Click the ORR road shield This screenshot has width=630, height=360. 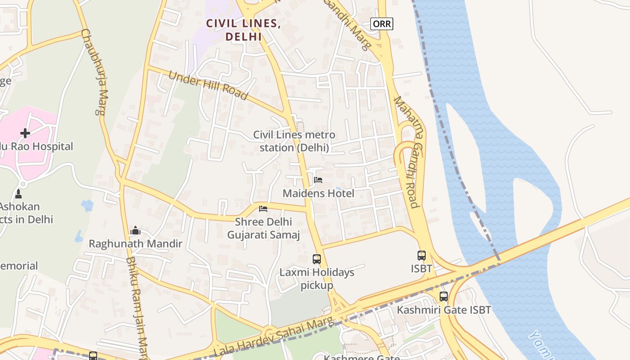(x=382, y=23)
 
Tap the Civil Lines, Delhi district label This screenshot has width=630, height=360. (x=243, y=30)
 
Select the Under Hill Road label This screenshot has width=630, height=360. (x=208, y=85)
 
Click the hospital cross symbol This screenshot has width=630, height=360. (x=25, y=133)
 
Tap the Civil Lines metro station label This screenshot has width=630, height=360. (x=294, y=141)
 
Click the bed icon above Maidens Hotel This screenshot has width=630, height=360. (x=318, y=180)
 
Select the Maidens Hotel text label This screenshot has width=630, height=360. (x=318, y=193)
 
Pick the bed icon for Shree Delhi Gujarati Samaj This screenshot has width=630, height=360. (x=263, y=208)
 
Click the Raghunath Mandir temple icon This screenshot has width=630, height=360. (x=135, y=231)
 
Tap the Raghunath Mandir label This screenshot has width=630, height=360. (x=135, y=244)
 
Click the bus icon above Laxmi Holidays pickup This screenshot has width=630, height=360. (x=317, y=259)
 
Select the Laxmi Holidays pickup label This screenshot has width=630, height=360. (x=317, y=279)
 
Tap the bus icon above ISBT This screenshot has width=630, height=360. (x=422, y=256)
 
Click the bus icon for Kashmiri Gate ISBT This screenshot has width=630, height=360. (x=444, y=297)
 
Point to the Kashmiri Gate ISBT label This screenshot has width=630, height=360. (x=444, y=310)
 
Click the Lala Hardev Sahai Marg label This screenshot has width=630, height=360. (x=275, y=337)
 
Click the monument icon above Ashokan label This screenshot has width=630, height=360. (x=18, y=194)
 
